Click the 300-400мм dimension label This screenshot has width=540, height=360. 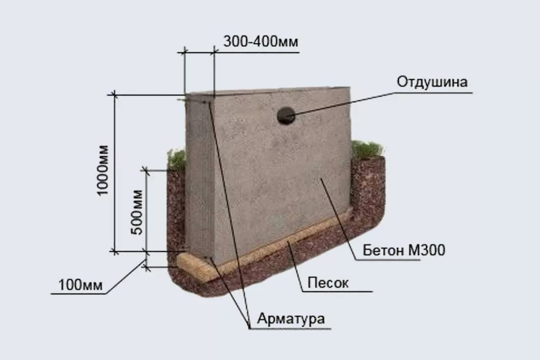click(260, 42)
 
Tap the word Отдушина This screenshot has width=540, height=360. click(432, 82)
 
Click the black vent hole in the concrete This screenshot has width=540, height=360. click(286, 116)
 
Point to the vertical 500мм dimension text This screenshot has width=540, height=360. click(136, 212)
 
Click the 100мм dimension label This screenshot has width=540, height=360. click(80, 285)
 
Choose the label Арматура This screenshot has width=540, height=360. click(291, 318)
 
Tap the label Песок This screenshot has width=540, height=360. click(328, 282)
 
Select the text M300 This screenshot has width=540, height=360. click(427, 251)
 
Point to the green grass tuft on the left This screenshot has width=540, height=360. click(177, 159)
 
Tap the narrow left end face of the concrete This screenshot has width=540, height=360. click(199, 177)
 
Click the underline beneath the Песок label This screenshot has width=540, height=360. click(337, 291)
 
